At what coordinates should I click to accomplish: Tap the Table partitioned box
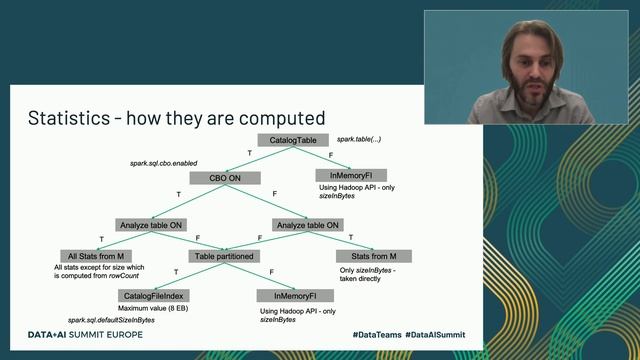(224, 255)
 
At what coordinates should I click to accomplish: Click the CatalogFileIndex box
(154, 296)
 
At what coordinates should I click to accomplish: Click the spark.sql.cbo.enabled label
(164, 162)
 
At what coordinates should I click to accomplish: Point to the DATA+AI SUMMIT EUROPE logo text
(85, 334)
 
